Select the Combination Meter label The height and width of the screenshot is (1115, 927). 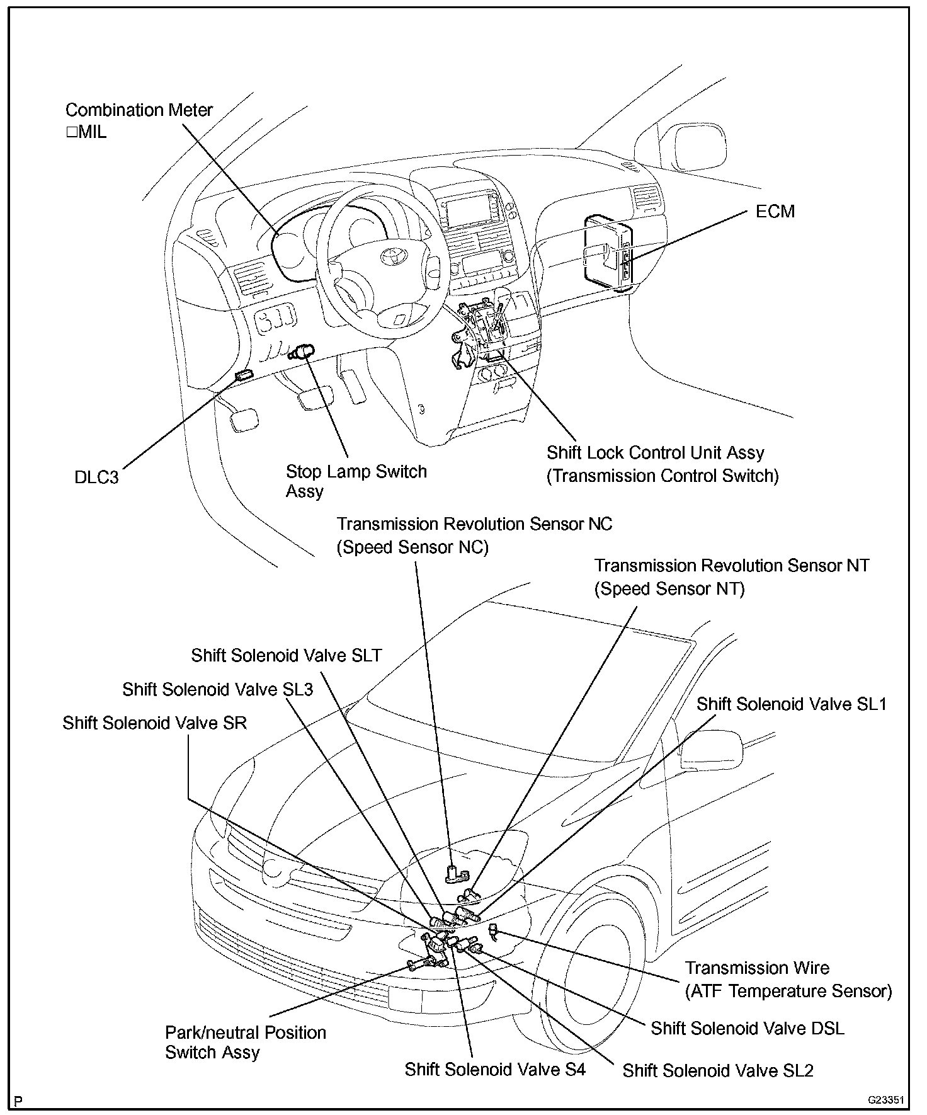[139, 110]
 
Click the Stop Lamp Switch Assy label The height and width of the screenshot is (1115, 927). [356, 481]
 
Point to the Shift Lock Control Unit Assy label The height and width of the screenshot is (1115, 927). [655, 453]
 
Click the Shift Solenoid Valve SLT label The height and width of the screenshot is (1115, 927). [287, 655]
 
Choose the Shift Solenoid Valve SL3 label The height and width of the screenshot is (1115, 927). [218, 689]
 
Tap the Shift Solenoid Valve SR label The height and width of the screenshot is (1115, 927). [154, 723]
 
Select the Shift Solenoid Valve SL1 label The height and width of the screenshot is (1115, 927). [791, 704]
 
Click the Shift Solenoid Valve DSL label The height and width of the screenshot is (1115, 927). [747, 1028]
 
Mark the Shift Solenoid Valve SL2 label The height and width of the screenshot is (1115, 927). [718, 1071]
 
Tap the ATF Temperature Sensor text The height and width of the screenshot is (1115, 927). [788, 992]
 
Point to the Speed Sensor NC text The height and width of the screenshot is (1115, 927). [412, 547]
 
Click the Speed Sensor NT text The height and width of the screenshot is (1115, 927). [669, 589]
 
